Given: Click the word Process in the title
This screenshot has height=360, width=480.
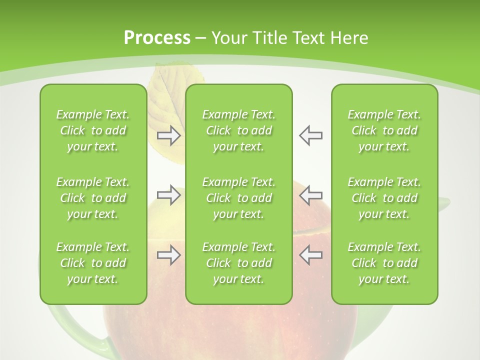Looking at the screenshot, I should click(x=156, y=38).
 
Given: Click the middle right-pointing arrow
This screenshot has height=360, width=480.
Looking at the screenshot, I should click(x=168, y=195).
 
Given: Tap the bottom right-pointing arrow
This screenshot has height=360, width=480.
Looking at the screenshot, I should click(x=168, y=255).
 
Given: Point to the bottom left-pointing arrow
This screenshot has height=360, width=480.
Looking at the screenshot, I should click(x=310, y=255).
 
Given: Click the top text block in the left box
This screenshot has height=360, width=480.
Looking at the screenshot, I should click(x=93, y=130).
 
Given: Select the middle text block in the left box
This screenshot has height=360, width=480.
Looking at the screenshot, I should click(x=93, y=198).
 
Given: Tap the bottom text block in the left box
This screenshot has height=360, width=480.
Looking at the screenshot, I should click(x=93, y=263).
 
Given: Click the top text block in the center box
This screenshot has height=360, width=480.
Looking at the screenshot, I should click(x=239, y=130).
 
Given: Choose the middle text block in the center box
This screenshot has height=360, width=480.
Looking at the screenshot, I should click(x=239, y=198).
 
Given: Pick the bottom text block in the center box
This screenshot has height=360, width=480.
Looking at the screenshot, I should click(x=239, y=263).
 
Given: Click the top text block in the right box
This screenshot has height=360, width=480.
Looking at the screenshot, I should click(x=384, y=130).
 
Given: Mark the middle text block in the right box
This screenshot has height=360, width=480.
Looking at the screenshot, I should click(x=384, y=198).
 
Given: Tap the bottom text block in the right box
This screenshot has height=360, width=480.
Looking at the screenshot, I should click(x=384, y=263).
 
